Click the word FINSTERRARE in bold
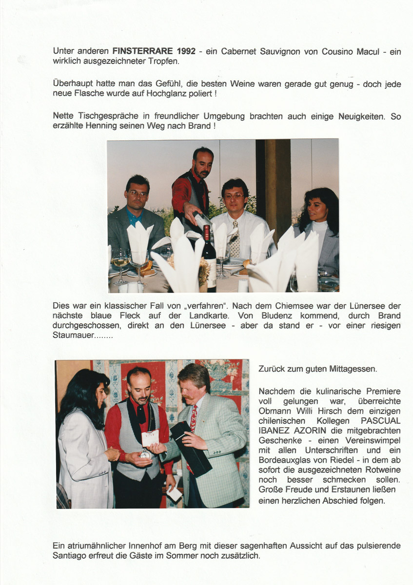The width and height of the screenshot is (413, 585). [140, 51]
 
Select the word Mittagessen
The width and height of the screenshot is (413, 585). [352, 370]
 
